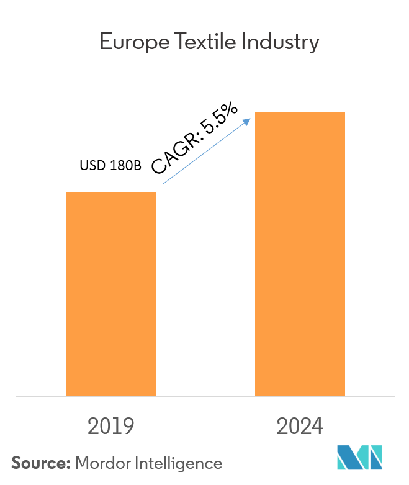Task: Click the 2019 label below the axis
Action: [x=111, y=426]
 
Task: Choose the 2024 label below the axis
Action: [x=300, y=426]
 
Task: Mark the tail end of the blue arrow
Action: [x=163, y=184]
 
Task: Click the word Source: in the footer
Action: [x=41, y=463]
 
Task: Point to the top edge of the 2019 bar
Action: [x=110, y=193]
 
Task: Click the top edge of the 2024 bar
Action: [x=300, y=112]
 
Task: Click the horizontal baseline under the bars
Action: [x=205, y=396]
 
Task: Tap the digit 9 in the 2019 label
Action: [x=128, y=426]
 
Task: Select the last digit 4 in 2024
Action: [x=317, y=426]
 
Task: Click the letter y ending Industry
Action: [x=314, y=45]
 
